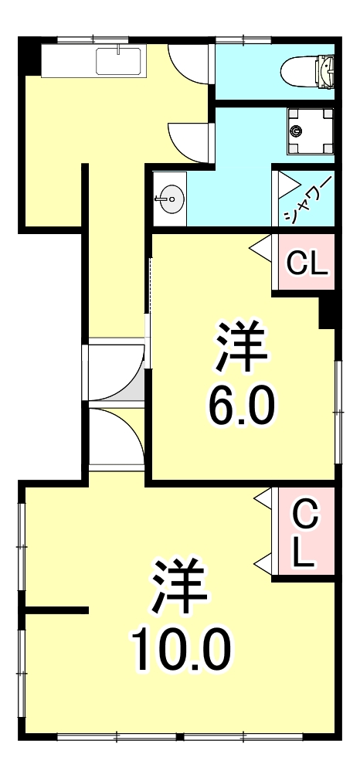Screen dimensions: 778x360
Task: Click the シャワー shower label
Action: pos(307,199)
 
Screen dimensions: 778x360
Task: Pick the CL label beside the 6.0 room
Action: pos(307,264)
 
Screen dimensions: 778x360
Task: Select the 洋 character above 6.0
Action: pos(241,348)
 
